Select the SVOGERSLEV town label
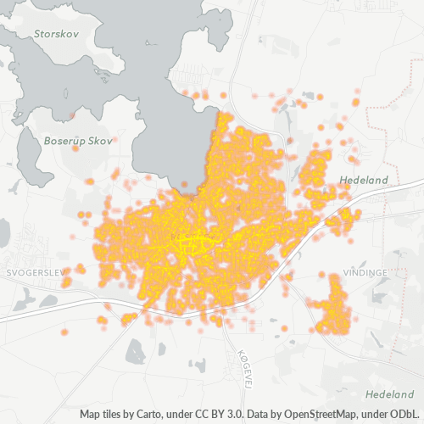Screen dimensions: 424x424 [35, 274]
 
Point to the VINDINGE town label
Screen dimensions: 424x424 [365, 272]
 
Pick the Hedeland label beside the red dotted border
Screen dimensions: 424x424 [363, 180]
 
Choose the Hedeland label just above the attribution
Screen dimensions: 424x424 [389, 395]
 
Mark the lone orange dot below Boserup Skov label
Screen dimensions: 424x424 [75, 149]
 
